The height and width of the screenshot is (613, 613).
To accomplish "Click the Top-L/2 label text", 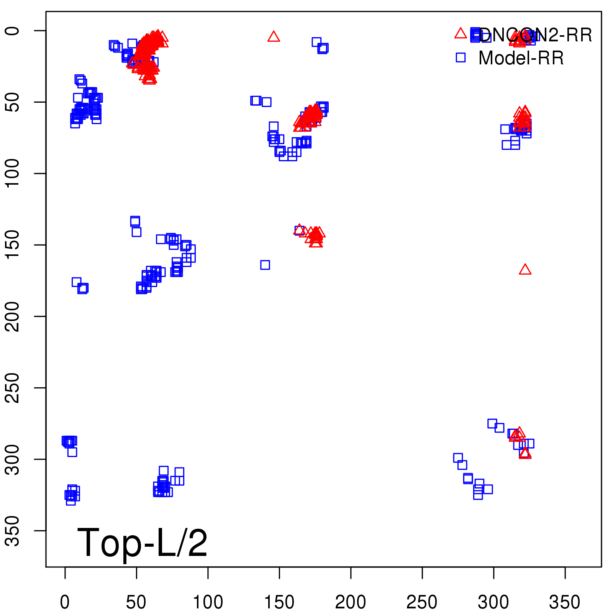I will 142,543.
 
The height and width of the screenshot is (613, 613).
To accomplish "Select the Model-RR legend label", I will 521,58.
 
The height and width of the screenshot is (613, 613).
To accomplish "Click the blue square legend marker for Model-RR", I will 461,57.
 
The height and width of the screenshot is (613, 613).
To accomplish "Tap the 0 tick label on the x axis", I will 65,602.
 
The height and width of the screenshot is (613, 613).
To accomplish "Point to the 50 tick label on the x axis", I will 136,602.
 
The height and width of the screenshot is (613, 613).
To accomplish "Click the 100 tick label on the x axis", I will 208,602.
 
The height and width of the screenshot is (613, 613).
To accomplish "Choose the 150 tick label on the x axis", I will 279,602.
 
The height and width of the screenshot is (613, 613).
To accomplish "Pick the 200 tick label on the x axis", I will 351,602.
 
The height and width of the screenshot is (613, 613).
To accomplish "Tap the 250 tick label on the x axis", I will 422,602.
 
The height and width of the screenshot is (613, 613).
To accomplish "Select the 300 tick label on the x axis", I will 493,602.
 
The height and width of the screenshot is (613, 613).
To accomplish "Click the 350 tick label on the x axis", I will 565,602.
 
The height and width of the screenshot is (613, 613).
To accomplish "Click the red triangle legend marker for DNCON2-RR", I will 461,34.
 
